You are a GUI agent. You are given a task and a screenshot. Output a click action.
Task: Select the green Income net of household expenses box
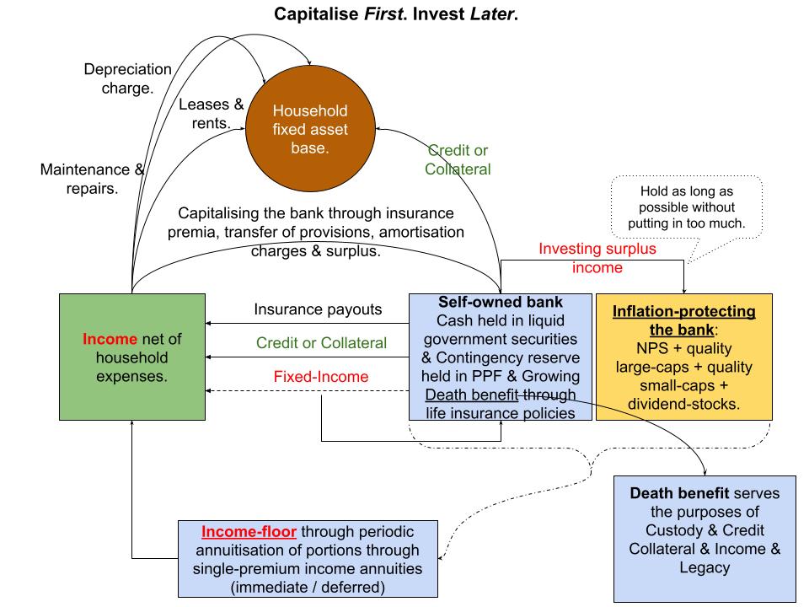(132, 357)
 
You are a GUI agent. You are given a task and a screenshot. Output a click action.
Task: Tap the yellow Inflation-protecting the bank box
(683, 357)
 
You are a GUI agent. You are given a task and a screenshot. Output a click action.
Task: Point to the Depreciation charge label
(127, 78)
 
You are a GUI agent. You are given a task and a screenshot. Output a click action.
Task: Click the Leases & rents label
(211, 114)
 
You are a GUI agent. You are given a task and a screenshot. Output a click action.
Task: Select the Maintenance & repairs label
(92, 179)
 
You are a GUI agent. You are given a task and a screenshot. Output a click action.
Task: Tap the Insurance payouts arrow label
(318, 309)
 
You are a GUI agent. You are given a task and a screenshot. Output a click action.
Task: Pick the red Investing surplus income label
(597, 258)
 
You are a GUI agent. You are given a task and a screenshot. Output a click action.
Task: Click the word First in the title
(367, 14)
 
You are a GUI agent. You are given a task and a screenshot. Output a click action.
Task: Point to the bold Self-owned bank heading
(501, 301)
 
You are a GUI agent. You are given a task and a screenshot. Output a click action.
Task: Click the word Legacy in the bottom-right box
(705, 569)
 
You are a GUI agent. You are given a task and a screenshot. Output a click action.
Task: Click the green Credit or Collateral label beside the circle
(458, 159)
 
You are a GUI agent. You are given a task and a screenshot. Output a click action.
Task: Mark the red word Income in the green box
(109, 338)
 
